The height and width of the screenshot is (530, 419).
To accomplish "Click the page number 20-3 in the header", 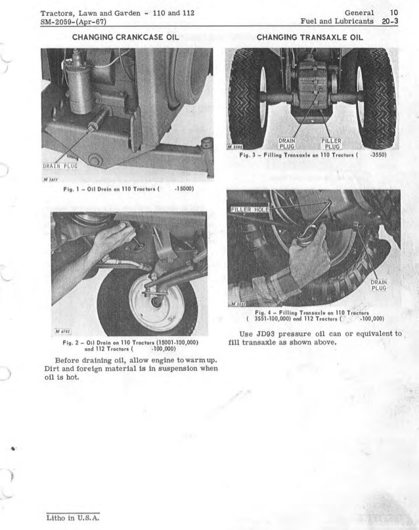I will pos(396,22).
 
